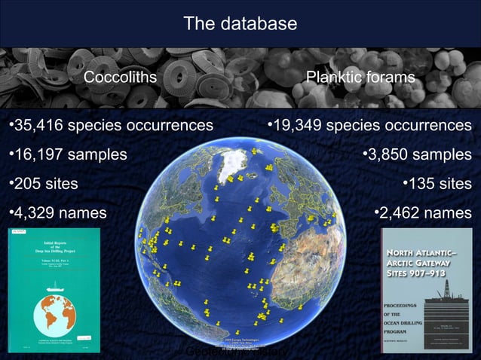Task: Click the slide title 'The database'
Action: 240,24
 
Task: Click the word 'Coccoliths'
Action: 120,78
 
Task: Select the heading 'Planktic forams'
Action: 360,78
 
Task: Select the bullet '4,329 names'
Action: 57,213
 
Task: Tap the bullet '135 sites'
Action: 437,184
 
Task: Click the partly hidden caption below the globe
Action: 237,352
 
